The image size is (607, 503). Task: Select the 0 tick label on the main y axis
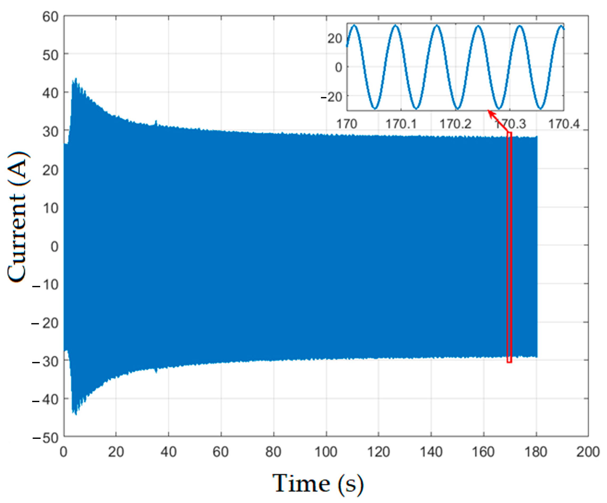pyautogui.click(x=54, y=247)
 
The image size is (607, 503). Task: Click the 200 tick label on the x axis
pyautogui.click(x=588, y=452)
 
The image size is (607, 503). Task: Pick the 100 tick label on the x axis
pyautogui.click(x=326, y=452)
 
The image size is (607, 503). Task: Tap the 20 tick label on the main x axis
pyautogui.click(x=116, y=452)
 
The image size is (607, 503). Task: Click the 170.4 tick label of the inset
pyautogui.click(x=564, y=124)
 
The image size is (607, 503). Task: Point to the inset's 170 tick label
pyautogui.click(x=347, y=124)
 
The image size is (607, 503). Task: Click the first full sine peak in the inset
pyautogui.click(x=354, y=26)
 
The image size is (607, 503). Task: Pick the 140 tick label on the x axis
pyautogui.click(x=431, y=452)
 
